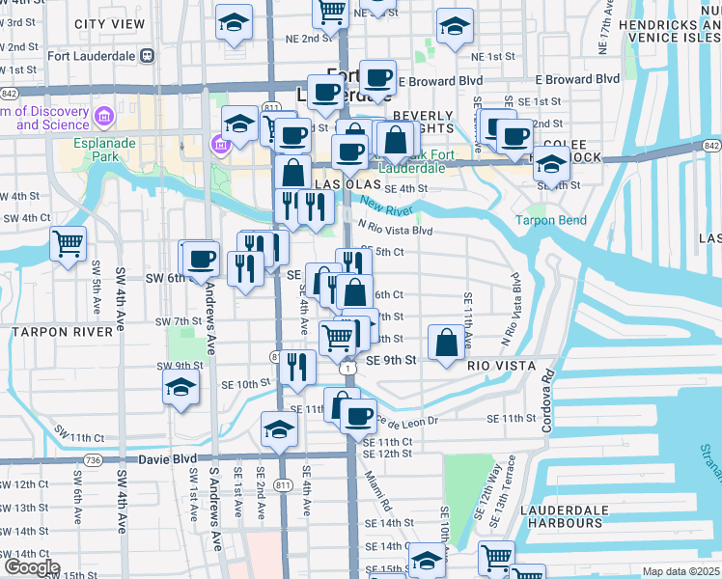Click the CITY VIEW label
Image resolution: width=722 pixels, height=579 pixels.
109,23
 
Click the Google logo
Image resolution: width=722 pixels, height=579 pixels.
31,567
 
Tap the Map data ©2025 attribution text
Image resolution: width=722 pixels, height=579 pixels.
681,571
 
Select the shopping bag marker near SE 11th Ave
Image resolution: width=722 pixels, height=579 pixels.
446,343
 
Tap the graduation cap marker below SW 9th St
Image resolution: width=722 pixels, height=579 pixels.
180,388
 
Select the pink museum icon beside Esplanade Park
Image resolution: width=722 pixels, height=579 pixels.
218,145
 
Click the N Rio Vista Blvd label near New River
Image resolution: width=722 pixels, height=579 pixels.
394,231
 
